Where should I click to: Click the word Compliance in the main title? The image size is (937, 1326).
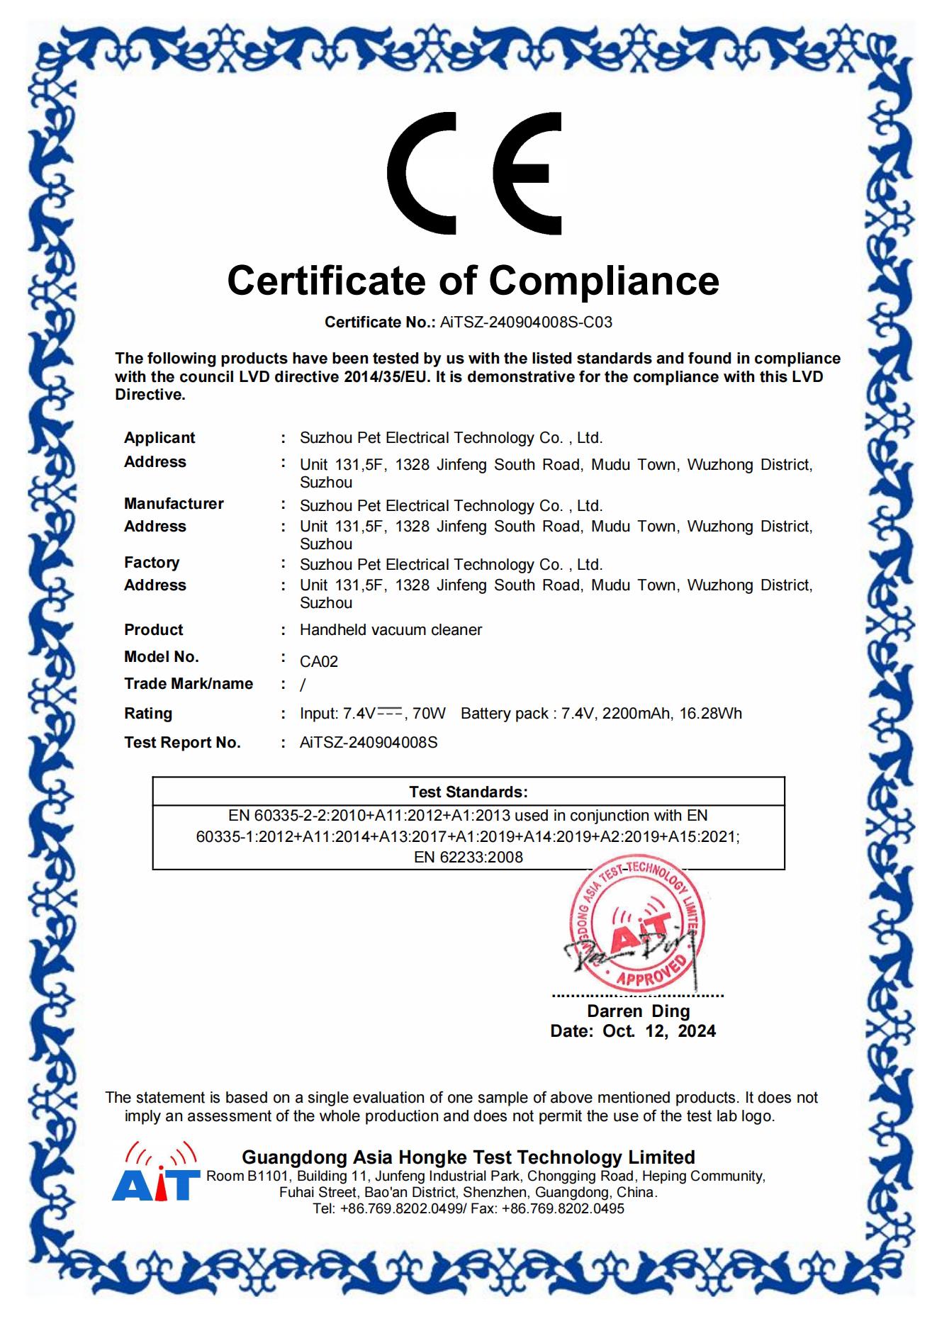pyautogui.click(x=604, y=281)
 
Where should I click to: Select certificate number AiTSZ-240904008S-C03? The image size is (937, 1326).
pyautogui.click(x=526, y=322)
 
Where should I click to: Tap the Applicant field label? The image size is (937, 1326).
pyautogui.click(x=159, y=438)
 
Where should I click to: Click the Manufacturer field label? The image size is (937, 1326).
pyautogui.click(x=174, y=504)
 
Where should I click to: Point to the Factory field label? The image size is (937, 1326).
pyautogui.click(x=152, y=563)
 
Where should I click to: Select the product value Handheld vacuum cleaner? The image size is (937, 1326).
pyautogui.click(x=391, y=630)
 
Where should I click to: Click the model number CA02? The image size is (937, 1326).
pyautogui.click(x=319, y=662)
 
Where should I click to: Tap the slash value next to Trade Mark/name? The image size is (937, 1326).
pyautogui.click(x=303, y=685)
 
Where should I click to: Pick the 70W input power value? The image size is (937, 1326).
pyautogui.click(x=429, y=714)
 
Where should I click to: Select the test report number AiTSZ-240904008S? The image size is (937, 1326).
pyautogui.click(x=369, y=743)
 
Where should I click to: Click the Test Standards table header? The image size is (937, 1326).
pyautogui.click(x=468, y=792)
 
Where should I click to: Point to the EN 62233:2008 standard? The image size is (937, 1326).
pyautogui.click(x=468, y=858)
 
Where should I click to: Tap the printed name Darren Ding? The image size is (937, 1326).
pyautogui.click(x=638, y=1011)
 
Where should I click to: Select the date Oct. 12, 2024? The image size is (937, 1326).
pyautogui.click(x=659, y=1031)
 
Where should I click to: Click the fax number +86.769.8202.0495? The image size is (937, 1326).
pyautogui.click(x=563, y=1209)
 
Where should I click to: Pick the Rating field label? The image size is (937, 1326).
pyautogui.click(x=148, y=714)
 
